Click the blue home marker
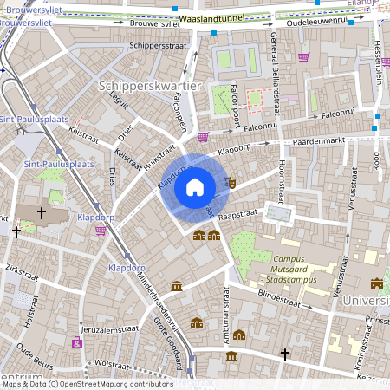point(194,186)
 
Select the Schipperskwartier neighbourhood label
point(150,86)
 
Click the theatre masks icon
point(229,183)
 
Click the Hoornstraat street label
point(282,174)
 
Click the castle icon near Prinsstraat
point(376,283)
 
